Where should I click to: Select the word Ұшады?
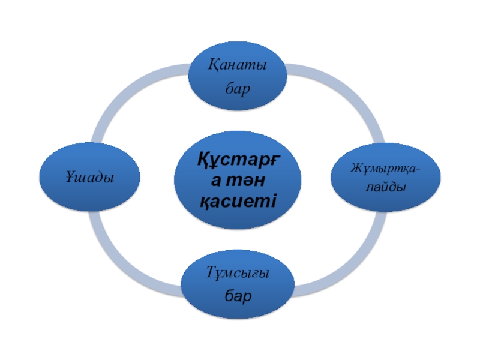click(90, 178)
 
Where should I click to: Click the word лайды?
click(386, 187)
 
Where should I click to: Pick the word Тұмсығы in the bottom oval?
click(238, 272)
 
